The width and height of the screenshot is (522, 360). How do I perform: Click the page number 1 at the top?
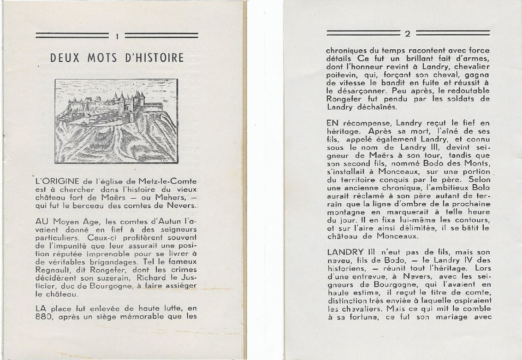pyautogui.click(x=118, y=36)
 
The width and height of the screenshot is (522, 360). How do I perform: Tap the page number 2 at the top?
pyautogui.click(x=407, y=33)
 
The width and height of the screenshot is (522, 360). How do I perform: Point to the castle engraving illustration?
pyautogui.click(x=116, y=121)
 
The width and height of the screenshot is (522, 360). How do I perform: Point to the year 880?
pyautogui.click(x=46, y=317)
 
